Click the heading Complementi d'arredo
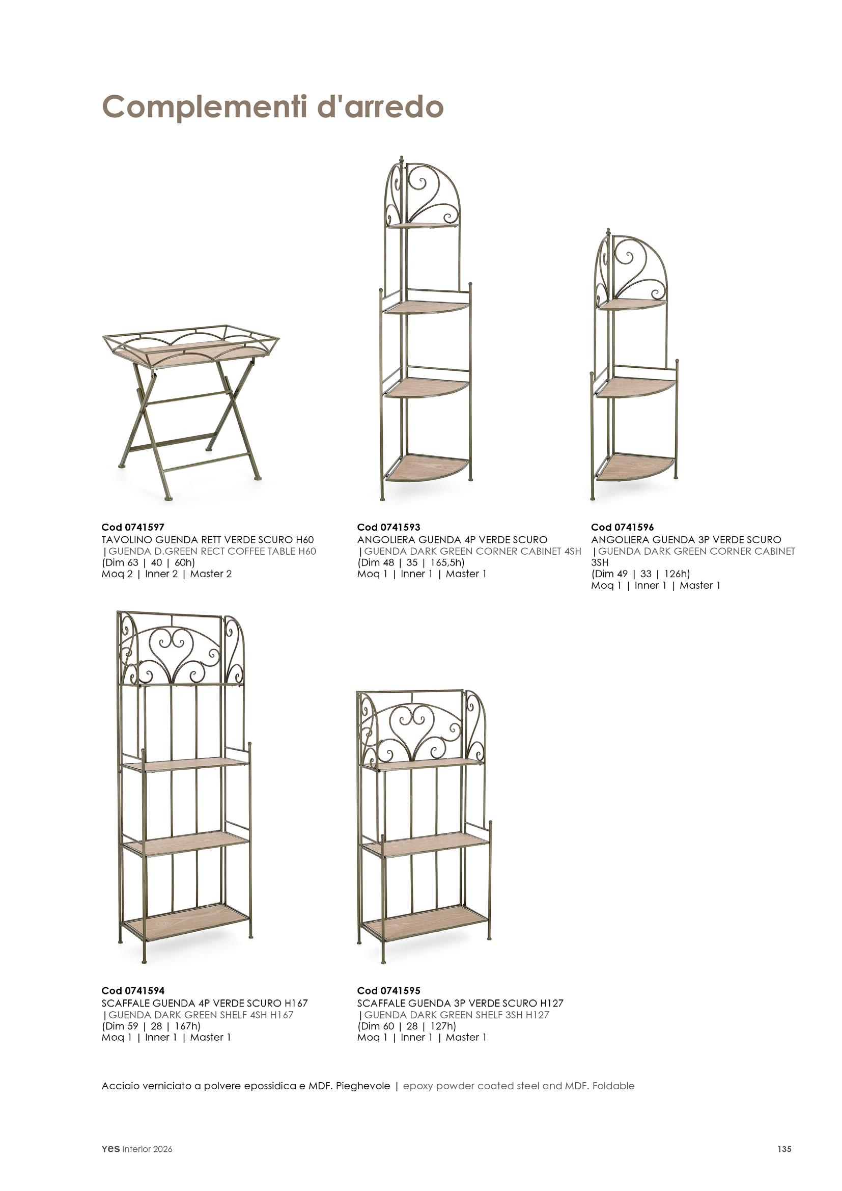click(x=272, y=107)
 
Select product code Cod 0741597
click(x=133, y=528)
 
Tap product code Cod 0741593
click(x=388, y=528)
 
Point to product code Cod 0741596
click(x=622, y=528)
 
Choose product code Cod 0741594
click(x=133, y=991)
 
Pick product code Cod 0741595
click(x=388, y=991)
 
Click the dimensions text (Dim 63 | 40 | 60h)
click(x=148, y=562)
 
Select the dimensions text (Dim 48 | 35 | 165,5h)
click(x=411, y=562)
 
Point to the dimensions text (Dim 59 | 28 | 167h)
click(x=151, y=1026)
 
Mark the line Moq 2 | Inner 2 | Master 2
click(x=166, y=574)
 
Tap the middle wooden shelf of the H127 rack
click(x=425, y=848)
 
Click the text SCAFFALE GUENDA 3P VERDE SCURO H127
click(x=460, y=1003)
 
